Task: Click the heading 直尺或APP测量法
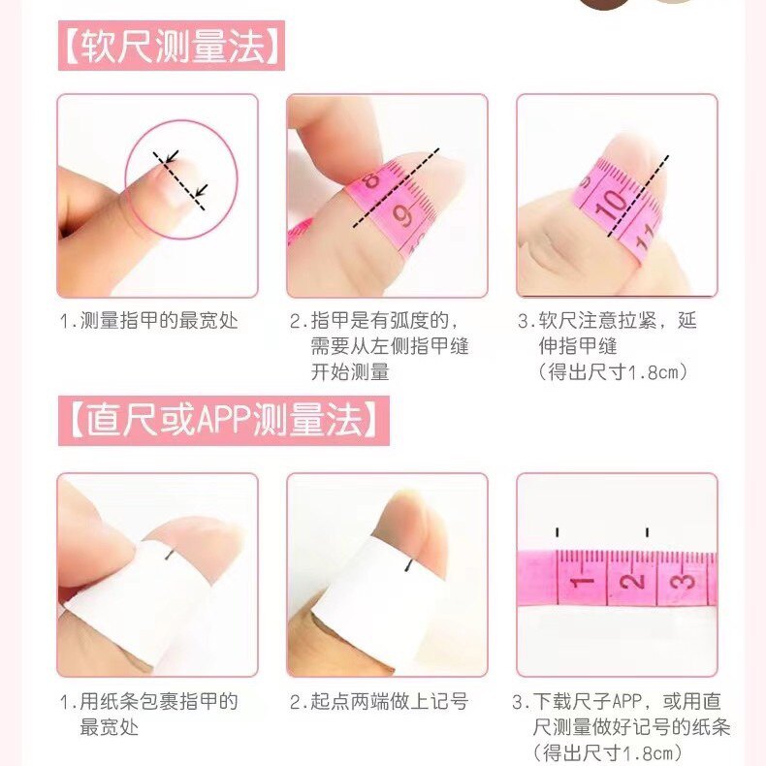(223, 421)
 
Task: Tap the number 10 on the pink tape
(612, 205)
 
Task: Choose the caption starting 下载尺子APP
(621, 726)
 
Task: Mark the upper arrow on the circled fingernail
(171, 156)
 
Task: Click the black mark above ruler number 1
(558, 531)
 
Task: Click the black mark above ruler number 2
(647, 531)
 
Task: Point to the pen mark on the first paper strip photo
(171, 554)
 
